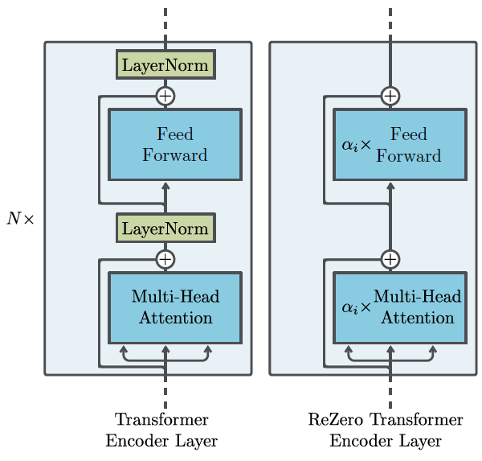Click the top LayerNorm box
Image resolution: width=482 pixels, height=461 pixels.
(165, 64)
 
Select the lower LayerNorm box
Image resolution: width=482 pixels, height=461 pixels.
(165, 228)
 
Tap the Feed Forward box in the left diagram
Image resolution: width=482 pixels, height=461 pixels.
(175, 145)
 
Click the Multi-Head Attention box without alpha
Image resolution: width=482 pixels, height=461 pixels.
(175, 307)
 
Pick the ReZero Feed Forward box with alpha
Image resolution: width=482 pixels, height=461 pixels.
(400, 145)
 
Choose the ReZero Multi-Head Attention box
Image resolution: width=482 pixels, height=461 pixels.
(400, 307)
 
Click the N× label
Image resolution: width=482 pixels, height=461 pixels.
(20, 218)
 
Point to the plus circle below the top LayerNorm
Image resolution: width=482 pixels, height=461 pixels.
(165, 96)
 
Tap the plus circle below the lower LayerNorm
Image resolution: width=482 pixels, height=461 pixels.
(165, 259)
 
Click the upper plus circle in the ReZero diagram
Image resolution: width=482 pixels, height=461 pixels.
(390, 96)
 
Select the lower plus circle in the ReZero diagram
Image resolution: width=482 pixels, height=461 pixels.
(390, 259)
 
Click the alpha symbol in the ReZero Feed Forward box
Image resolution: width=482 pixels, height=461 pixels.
(349, 145)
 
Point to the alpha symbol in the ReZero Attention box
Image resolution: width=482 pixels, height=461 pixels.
(349, 307)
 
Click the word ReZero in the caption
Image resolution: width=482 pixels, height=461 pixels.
(335, 419)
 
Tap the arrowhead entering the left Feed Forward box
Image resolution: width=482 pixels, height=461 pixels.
(165, 186)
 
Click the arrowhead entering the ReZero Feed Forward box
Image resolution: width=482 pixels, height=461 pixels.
(390, 186)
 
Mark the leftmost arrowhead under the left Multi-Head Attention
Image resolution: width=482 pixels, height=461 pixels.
(124, 349)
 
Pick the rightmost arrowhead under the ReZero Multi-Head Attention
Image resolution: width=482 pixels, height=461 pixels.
(432, 349)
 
